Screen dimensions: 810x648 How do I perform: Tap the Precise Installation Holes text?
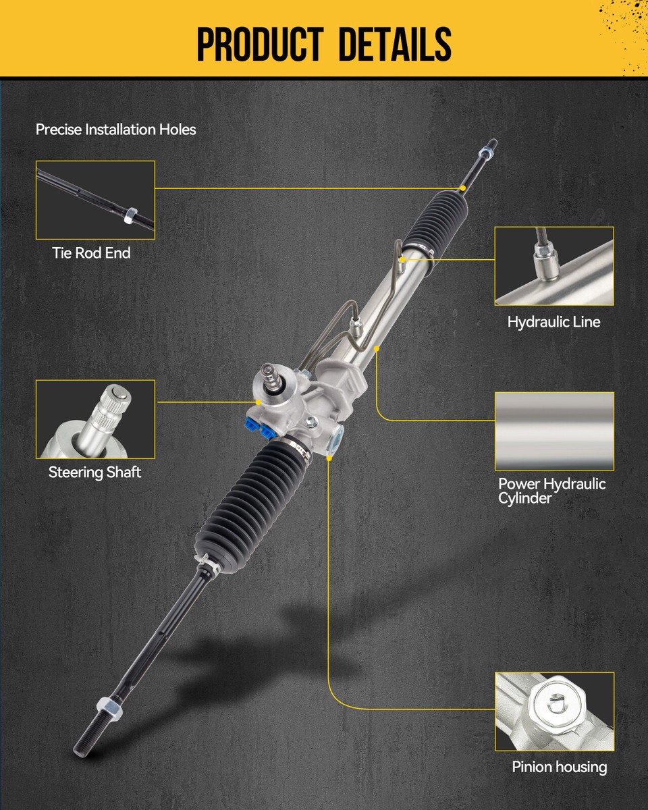(115, 129)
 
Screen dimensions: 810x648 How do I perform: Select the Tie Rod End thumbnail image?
(95, 200)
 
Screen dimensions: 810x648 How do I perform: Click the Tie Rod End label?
(91, 253)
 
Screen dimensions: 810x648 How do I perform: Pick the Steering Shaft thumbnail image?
(95, 419)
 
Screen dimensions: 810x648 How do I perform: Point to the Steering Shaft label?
(94, 473)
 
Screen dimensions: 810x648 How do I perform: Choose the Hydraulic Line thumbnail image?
(554, 266)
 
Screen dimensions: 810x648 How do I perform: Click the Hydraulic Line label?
(553, 322)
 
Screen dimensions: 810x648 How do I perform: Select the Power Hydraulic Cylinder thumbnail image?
(554, 431)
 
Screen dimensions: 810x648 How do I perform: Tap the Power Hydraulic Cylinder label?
(551, 491)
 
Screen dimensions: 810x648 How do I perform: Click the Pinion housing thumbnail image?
(554, 711)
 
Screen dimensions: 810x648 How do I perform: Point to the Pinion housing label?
(559, 767)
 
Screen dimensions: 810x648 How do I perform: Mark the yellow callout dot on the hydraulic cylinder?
(376, 348)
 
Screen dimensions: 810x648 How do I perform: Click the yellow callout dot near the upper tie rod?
(462, 187)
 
